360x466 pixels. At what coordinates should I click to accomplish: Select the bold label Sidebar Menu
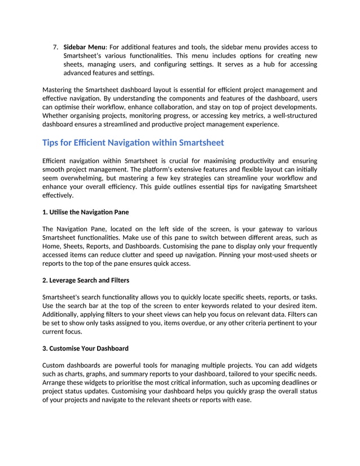84,47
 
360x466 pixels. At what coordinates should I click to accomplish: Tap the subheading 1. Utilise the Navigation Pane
89,212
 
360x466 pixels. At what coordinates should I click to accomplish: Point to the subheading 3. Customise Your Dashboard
85,348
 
